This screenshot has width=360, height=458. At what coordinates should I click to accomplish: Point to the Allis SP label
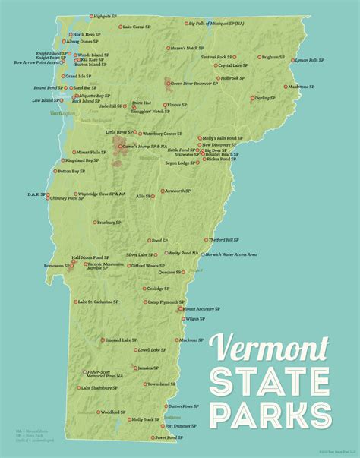[x=143, y=196]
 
